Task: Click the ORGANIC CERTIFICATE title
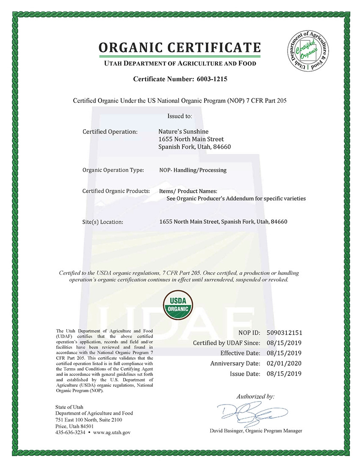tap(180, 47)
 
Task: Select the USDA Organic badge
tap(179, 305)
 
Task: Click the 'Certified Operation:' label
tap(110, 131)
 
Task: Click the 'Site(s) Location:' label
tap(102, 222)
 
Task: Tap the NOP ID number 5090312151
tap(285, 333)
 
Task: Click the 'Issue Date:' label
tap(245, 374)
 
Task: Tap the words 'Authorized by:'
tap(255, 397)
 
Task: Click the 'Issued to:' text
tap(180, 115)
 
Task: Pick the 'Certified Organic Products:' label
tap(116, 191)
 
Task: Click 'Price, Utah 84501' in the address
tap(75, 426)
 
